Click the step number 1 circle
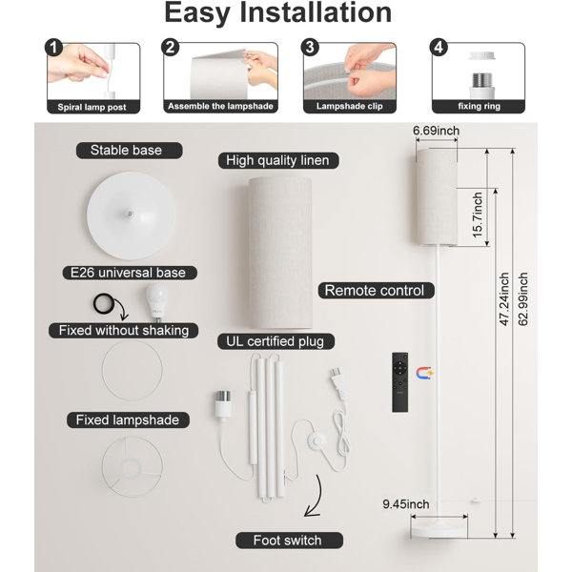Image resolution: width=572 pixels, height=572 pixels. [54, 48]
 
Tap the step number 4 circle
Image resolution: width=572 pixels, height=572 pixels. [439, 48]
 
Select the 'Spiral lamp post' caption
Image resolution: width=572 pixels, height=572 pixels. [92, 107]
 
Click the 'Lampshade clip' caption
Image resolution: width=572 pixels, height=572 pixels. [350, 106]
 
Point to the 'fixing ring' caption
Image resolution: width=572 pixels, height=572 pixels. [479, 106]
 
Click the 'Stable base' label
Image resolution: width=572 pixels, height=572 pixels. [126, 151]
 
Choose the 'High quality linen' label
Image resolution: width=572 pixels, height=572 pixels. [277, 160]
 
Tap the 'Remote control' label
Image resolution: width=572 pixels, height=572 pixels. [375, 291]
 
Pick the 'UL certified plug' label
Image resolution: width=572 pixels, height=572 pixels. [276, 341]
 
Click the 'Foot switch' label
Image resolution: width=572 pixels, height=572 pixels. [288, 541]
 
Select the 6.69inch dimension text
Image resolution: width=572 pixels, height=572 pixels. [436, 131]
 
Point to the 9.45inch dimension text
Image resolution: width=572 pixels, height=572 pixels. [406, 504]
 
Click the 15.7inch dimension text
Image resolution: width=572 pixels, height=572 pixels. [478, 215]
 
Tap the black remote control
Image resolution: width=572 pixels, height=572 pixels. [399, 382]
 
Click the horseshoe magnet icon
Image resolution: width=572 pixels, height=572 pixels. [424, 373]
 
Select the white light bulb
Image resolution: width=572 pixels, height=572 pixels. [157, 303]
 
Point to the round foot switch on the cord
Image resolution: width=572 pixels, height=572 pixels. [317, 441]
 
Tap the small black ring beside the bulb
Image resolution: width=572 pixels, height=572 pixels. [104, 303]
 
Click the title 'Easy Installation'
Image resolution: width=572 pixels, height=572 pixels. [278, 13]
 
